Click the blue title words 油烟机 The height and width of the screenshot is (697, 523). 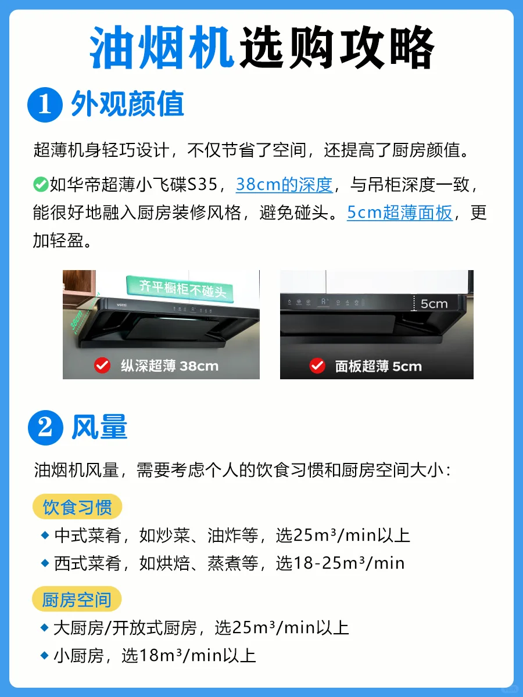pos(162,47)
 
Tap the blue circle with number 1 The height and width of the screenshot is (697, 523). pos(45,105)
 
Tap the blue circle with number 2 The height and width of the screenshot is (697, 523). pos(45,427)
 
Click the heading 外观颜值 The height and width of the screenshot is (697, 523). pos(128,104)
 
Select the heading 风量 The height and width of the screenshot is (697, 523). pos(99,427)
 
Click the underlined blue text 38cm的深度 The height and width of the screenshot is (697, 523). pos(284,185)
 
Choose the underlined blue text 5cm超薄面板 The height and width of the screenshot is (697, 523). pos(399,213)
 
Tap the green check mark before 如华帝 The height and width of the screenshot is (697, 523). pos(41,185)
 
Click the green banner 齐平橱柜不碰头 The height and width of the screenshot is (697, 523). pos(180,289)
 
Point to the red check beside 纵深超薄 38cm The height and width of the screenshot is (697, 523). pos(102,365)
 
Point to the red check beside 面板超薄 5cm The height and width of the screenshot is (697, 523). pos(317,366)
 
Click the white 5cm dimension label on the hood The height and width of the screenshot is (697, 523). pos(434,304)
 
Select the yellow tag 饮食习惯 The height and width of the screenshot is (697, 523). pos(77,506)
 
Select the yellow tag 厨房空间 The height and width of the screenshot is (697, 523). pos(77,599)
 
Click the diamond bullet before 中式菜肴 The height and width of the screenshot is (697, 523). pos(45,536)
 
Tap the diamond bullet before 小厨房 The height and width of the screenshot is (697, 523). pos(45,655)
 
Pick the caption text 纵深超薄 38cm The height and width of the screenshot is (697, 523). pos(170,366)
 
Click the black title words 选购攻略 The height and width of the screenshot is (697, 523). pos(336,47)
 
